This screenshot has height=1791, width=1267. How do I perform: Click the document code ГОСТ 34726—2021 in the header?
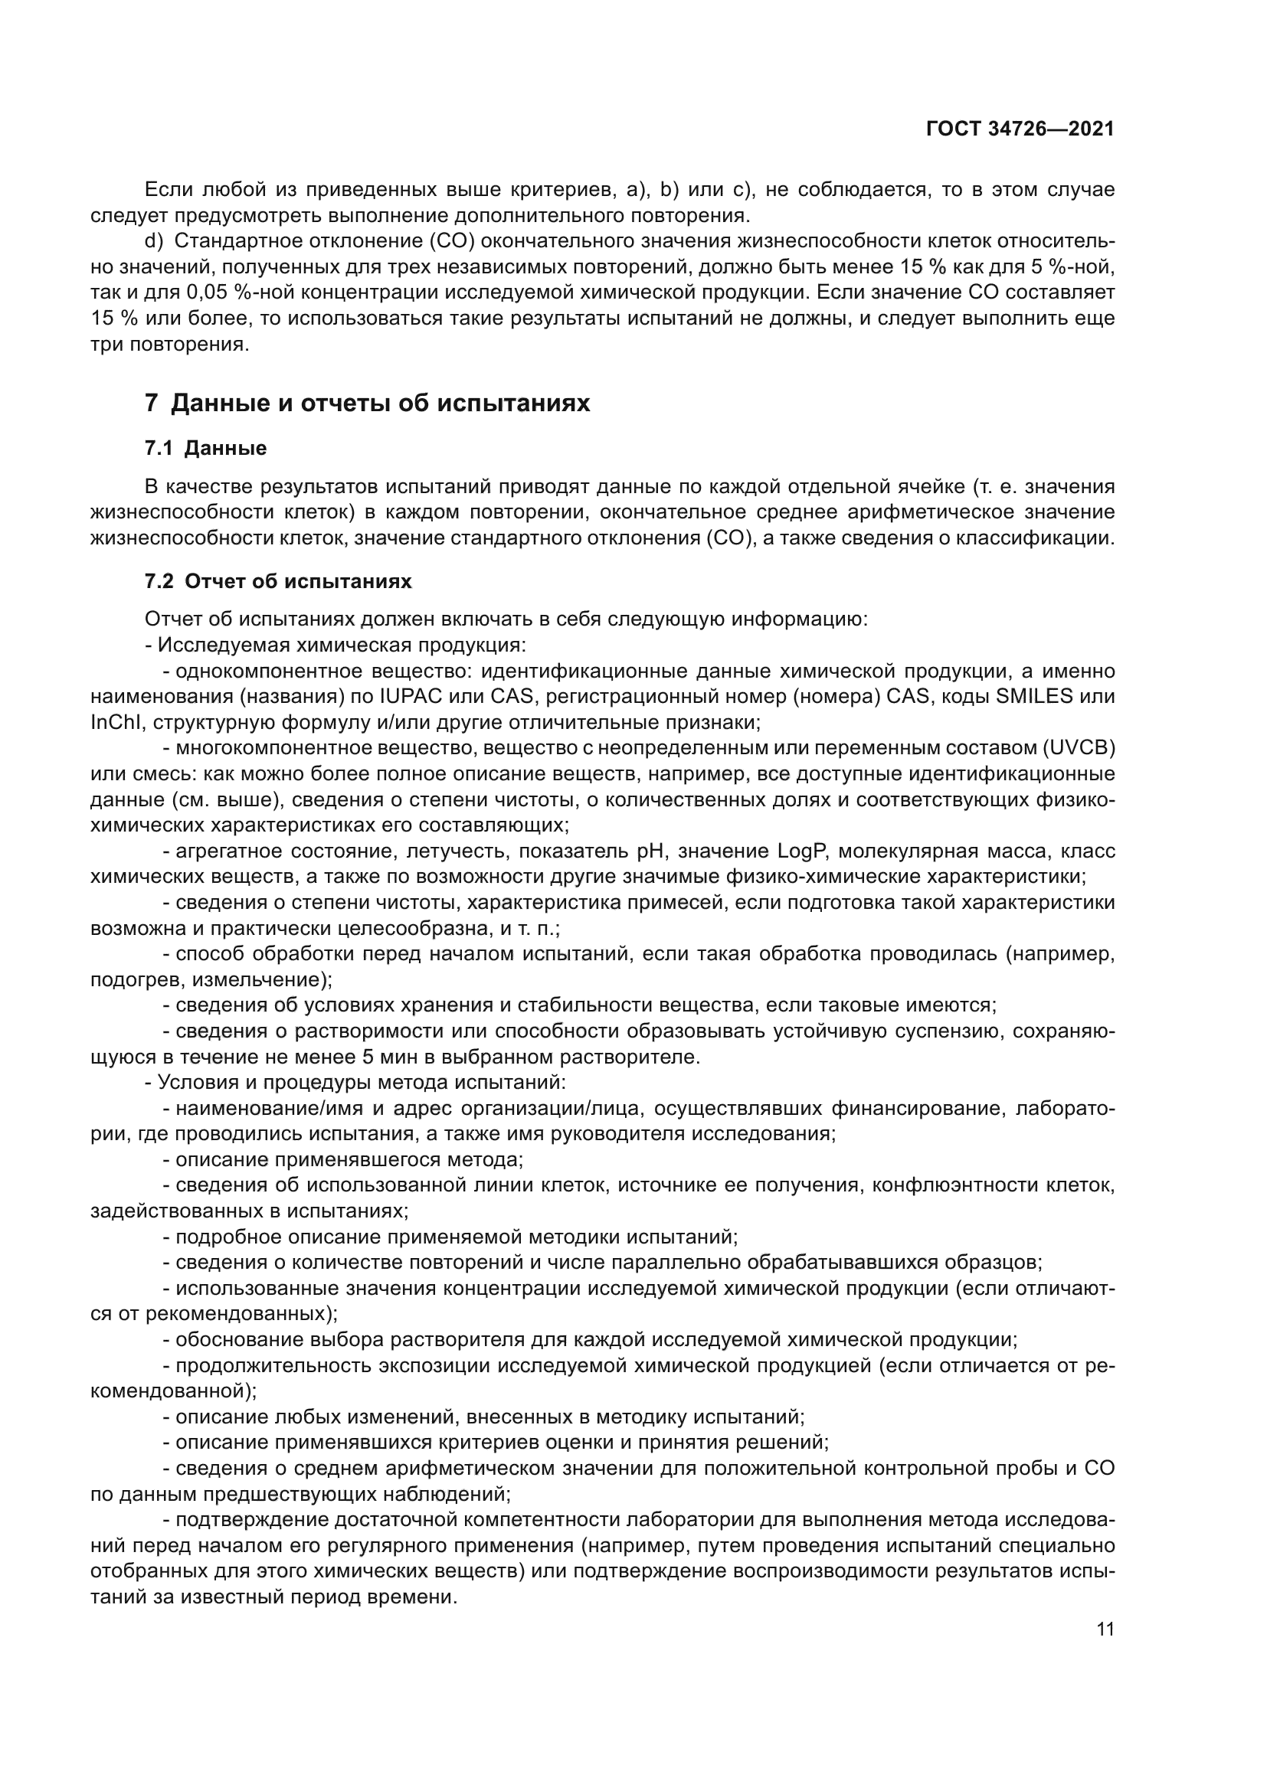tap(1020, 129)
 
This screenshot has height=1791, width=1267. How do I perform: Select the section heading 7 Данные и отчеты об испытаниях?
tap(368, 404)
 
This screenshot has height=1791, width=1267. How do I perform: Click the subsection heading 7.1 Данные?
tap(206, 449)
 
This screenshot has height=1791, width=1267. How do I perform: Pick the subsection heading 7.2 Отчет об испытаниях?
tap(279, 581)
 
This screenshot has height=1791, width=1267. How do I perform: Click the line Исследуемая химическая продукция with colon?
tap(336, 645)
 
